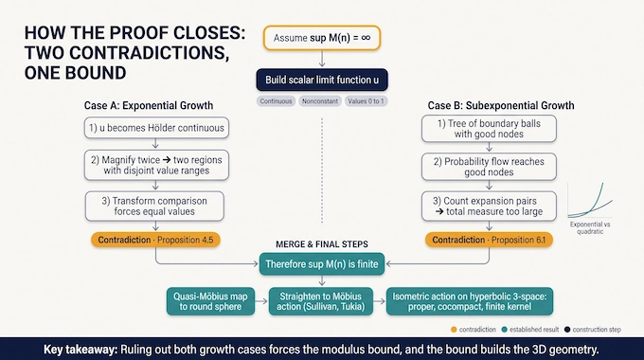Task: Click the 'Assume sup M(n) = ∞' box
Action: (x=322, y=38)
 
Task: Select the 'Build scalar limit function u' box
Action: (x=322, y=80)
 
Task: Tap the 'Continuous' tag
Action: (x=276, y=101)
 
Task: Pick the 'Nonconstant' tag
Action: (x=320, y=101)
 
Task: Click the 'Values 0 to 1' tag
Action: (x=366, y=101)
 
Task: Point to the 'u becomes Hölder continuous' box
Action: (x=156, y=128)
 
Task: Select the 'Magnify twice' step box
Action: (x=156, y=165)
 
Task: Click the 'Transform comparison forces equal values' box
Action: (x=154, y=207)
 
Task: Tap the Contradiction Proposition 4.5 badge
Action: (x=155, y=240)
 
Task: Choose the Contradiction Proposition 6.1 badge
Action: (x=489, y=240)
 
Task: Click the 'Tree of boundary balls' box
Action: (x=489, y=129)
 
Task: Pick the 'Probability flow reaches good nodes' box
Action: (x=489, y=167)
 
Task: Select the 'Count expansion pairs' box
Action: (x=489, y=207)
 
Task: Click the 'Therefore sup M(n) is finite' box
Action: (x=322, y=263)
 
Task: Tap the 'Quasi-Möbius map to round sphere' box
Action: (x=210, y=301)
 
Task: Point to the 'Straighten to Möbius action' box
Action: (x=321, y=301)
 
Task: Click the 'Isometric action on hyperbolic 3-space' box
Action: (x=470, y=301)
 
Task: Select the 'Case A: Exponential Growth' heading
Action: (x=149, y=105)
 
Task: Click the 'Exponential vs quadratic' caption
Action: (x=590, y=227)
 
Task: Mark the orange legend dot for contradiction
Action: (x=454, y=330)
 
